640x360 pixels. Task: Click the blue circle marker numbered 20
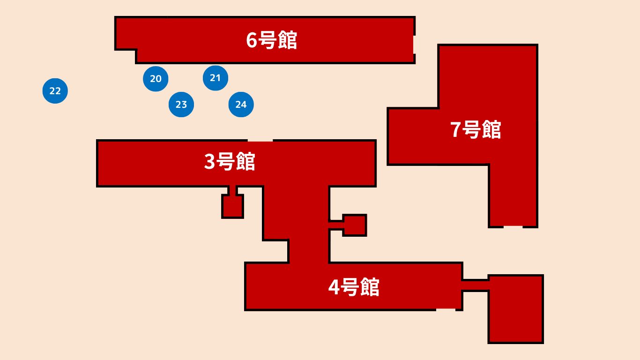point(156,79)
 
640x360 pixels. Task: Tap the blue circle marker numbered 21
point(216,78)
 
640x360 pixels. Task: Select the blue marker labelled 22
point(55,91)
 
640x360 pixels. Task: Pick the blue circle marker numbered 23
point(181,105)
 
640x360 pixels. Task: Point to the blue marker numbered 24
point(241,105)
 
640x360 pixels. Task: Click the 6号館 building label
point(272,41)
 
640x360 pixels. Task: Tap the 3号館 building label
point(230,162)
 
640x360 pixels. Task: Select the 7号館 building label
point(476,130)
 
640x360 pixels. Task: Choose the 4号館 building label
point(354,287)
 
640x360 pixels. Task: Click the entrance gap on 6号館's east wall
point(414,45)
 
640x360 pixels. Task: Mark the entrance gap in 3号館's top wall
point(260,140)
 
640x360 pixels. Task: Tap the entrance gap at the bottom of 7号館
point(513,227)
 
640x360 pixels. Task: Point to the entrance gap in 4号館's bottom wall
point(446,309)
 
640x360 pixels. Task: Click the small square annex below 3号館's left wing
point(232,207)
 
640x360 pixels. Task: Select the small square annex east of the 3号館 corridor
point(355,225)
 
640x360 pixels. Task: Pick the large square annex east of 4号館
point(516,309)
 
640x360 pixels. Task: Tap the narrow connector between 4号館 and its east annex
point(476,285)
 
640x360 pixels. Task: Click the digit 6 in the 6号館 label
point(252,41)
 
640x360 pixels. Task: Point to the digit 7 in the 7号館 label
point(456,130)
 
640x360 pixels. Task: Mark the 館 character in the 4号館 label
point(370,287)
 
